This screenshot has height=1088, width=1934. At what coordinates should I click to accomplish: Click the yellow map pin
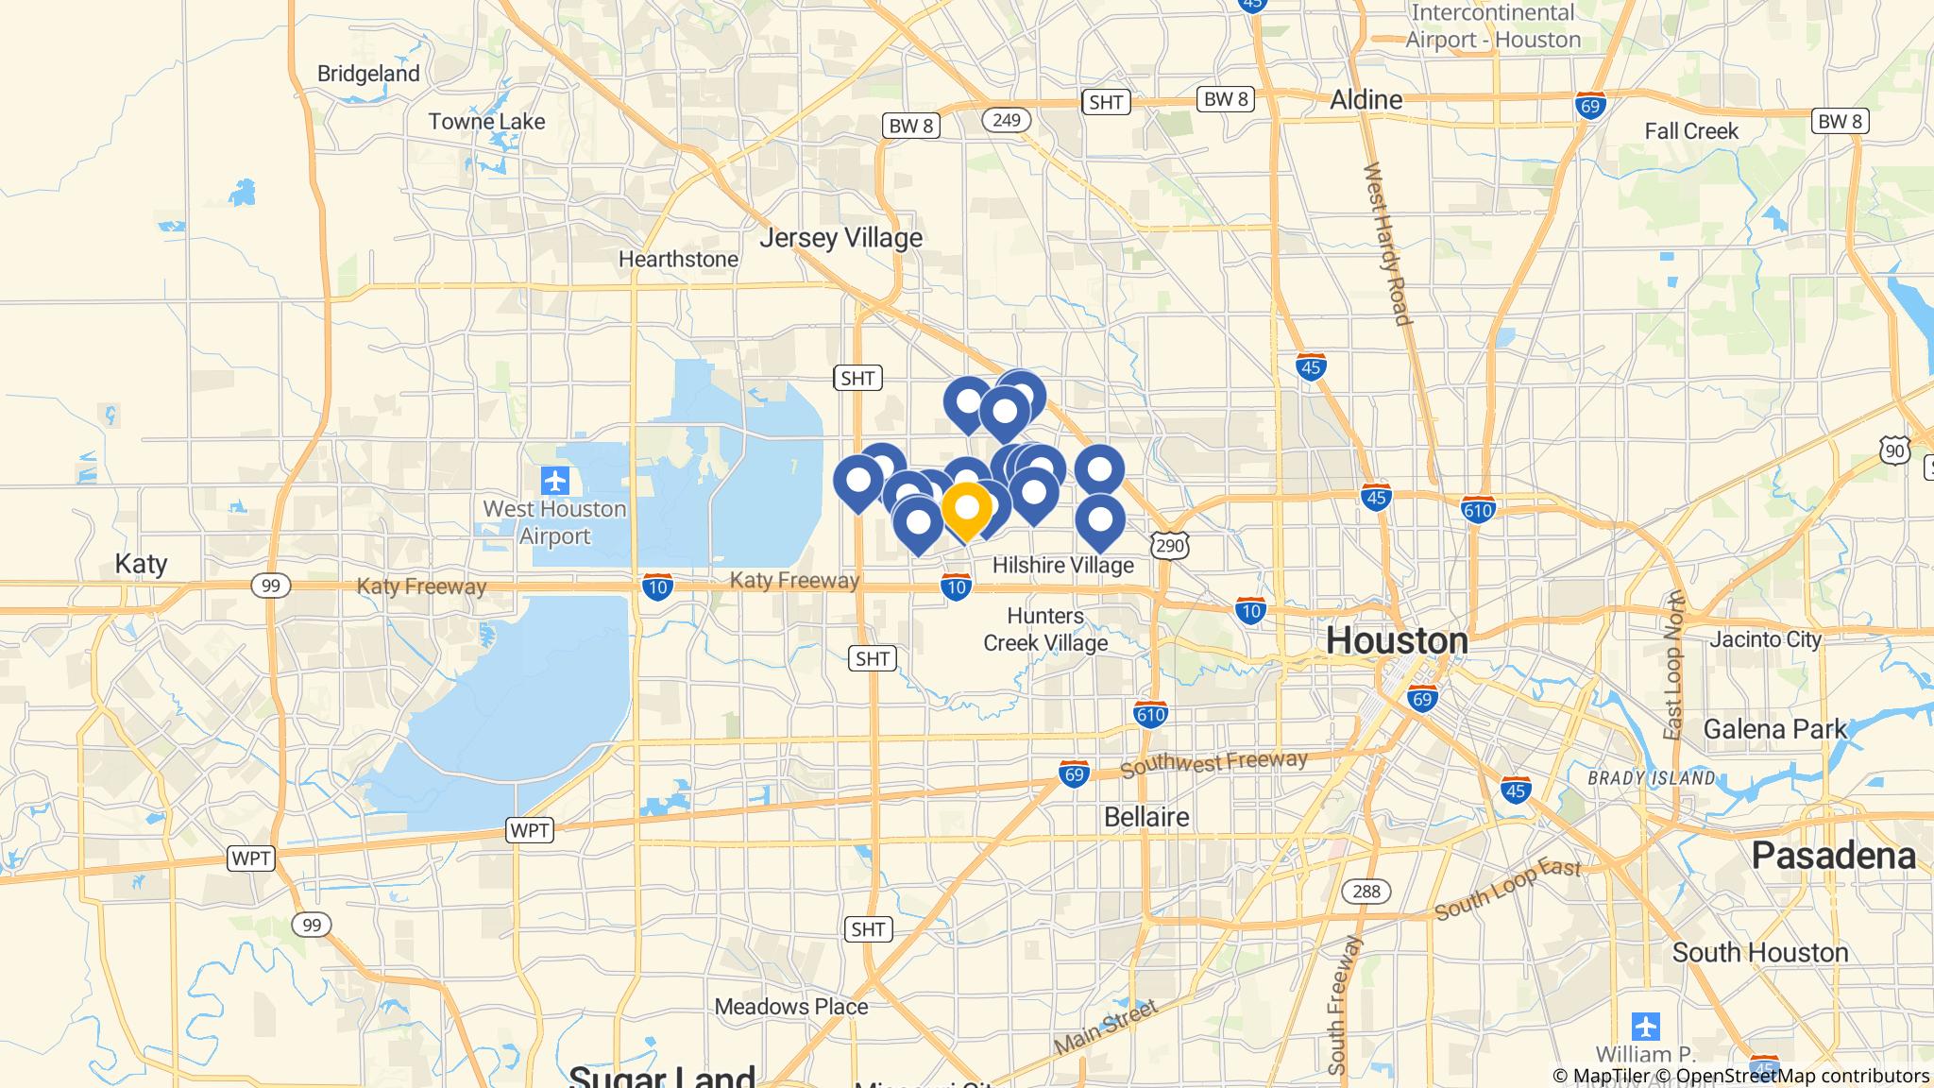(x=966, y=509)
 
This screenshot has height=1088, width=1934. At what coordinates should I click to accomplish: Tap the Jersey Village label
(x=840, y=238)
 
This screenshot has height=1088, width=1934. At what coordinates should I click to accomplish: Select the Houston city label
(x=1397, y=641)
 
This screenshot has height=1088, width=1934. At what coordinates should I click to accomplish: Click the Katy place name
(x=141, y=565)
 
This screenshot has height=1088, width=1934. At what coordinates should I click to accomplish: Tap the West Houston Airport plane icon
(x=555, y=481)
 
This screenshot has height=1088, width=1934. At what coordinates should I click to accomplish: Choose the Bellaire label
(x=1146, y=817)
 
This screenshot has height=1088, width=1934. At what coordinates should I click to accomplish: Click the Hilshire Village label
(x=1062, y=566)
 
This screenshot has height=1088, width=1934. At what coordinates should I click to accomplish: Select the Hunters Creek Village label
(x=1044, y=630)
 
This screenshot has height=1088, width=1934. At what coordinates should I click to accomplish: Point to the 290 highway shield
(x=1169, y=545)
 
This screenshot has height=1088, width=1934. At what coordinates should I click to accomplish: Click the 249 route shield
(x=1006, y=120)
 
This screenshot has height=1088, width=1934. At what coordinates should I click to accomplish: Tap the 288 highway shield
(x=1366, y=891)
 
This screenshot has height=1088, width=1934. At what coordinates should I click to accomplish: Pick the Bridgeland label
(x=368, y=74)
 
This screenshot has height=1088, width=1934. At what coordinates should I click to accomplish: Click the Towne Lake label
(x=486, y=122)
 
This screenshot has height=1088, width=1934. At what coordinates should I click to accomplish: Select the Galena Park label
(x=1774, y=730)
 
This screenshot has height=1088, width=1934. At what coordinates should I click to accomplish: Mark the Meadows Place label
(x=790, y=1007)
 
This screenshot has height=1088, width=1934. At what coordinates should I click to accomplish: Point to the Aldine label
(x=1366, y=100)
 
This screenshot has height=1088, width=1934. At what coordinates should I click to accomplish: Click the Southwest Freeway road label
(x=1213, y=764)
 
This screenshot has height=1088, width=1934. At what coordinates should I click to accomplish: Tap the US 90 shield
(x=1896, y=450)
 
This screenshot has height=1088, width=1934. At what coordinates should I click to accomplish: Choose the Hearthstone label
(x=678, y=260)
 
